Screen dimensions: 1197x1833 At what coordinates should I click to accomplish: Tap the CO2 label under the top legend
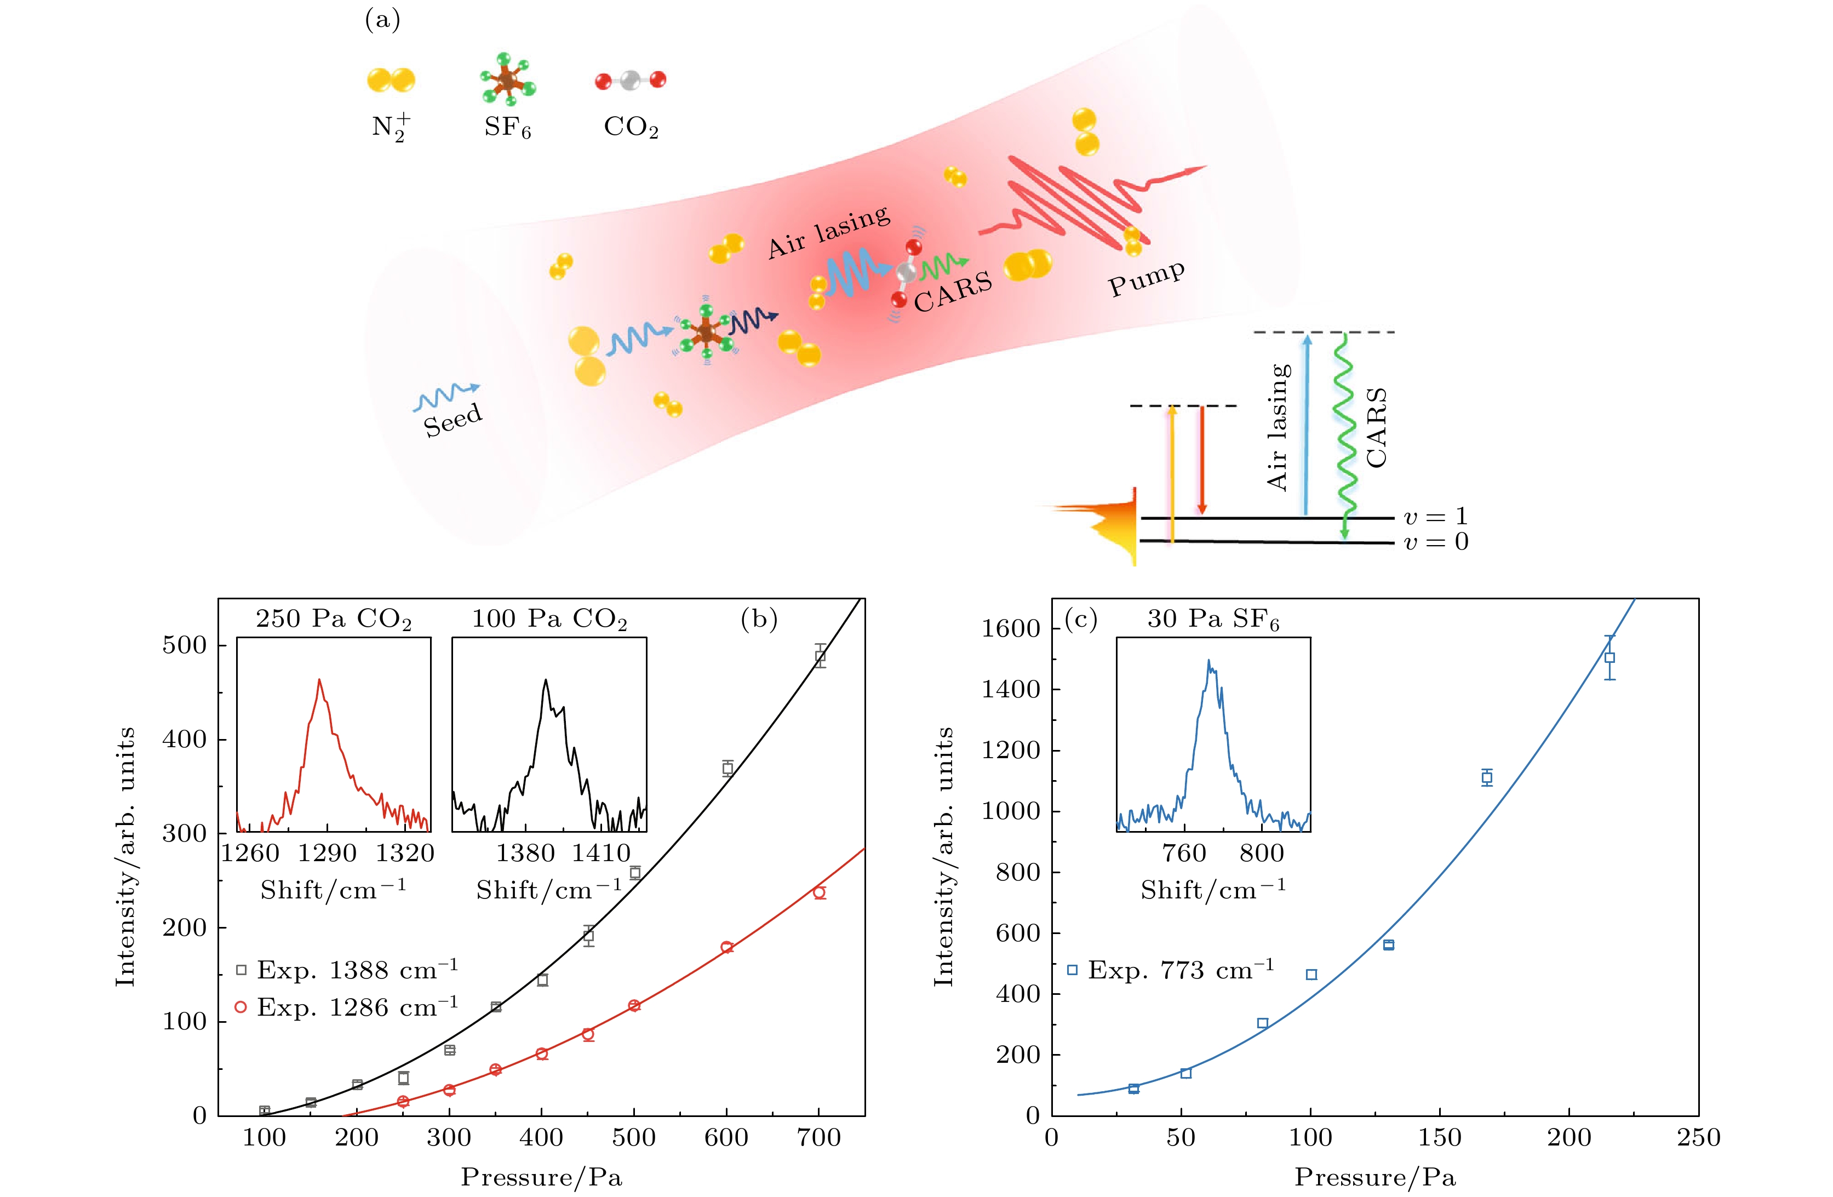click(631, 127)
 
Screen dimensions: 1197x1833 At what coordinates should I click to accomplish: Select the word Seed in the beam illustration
click(453, 420)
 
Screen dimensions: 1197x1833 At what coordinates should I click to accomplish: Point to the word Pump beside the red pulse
click(1146, 278)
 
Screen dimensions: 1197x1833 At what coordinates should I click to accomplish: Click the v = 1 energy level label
click(1436, 516)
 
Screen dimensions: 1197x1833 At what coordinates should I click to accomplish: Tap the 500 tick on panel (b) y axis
click(185, 645)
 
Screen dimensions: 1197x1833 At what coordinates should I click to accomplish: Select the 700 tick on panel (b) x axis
click(818, 1138)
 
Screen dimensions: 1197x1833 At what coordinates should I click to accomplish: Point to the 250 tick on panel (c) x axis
click(1698, 1138)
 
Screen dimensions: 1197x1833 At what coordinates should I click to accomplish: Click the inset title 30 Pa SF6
click(1213, 619)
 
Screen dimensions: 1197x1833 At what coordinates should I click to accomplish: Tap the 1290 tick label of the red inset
click(328, 852)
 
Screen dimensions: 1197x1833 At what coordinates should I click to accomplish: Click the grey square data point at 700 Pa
click(820, 656)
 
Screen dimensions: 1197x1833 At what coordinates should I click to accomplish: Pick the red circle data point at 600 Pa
click(726, 947)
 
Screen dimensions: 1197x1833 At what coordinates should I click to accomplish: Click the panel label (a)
click(382, 20)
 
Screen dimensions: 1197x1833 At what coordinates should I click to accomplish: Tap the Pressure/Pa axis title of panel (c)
click(1375, 1177)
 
